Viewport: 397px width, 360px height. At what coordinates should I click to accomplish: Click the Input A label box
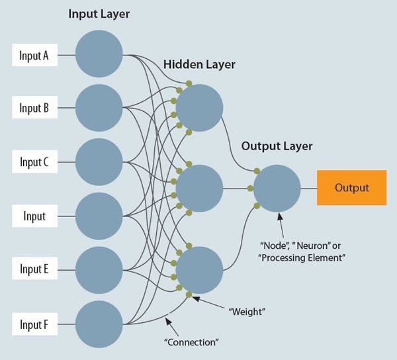[34, 56]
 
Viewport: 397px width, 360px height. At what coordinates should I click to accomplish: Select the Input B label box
[34, 108]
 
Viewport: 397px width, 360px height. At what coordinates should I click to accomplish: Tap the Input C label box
[34, 162]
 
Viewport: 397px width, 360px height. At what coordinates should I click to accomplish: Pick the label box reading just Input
[34, 216]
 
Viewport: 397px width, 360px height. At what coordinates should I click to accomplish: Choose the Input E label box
[34, 269]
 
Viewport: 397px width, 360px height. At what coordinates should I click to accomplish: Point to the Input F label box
[34, 324]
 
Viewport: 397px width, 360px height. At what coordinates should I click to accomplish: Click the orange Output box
[351, 188]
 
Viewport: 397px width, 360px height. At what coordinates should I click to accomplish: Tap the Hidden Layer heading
[199, 65]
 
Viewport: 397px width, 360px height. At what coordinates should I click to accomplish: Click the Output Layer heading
[277, 146]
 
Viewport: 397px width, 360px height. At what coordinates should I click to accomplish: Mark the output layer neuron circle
[277, 189]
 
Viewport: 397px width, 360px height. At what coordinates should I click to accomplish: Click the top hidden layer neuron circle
[199, 108]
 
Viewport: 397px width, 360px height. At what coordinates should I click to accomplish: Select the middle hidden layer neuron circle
[199, 189]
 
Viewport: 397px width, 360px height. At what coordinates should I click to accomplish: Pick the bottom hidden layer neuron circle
[199, 269]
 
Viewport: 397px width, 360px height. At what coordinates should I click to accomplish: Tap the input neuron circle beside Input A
[99, 54]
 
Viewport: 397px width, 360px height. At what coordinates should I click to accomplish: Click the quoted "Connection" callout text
[191, 342]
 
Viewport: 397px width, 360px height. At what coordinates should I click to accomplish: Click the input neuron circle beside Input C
[99, 162]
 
